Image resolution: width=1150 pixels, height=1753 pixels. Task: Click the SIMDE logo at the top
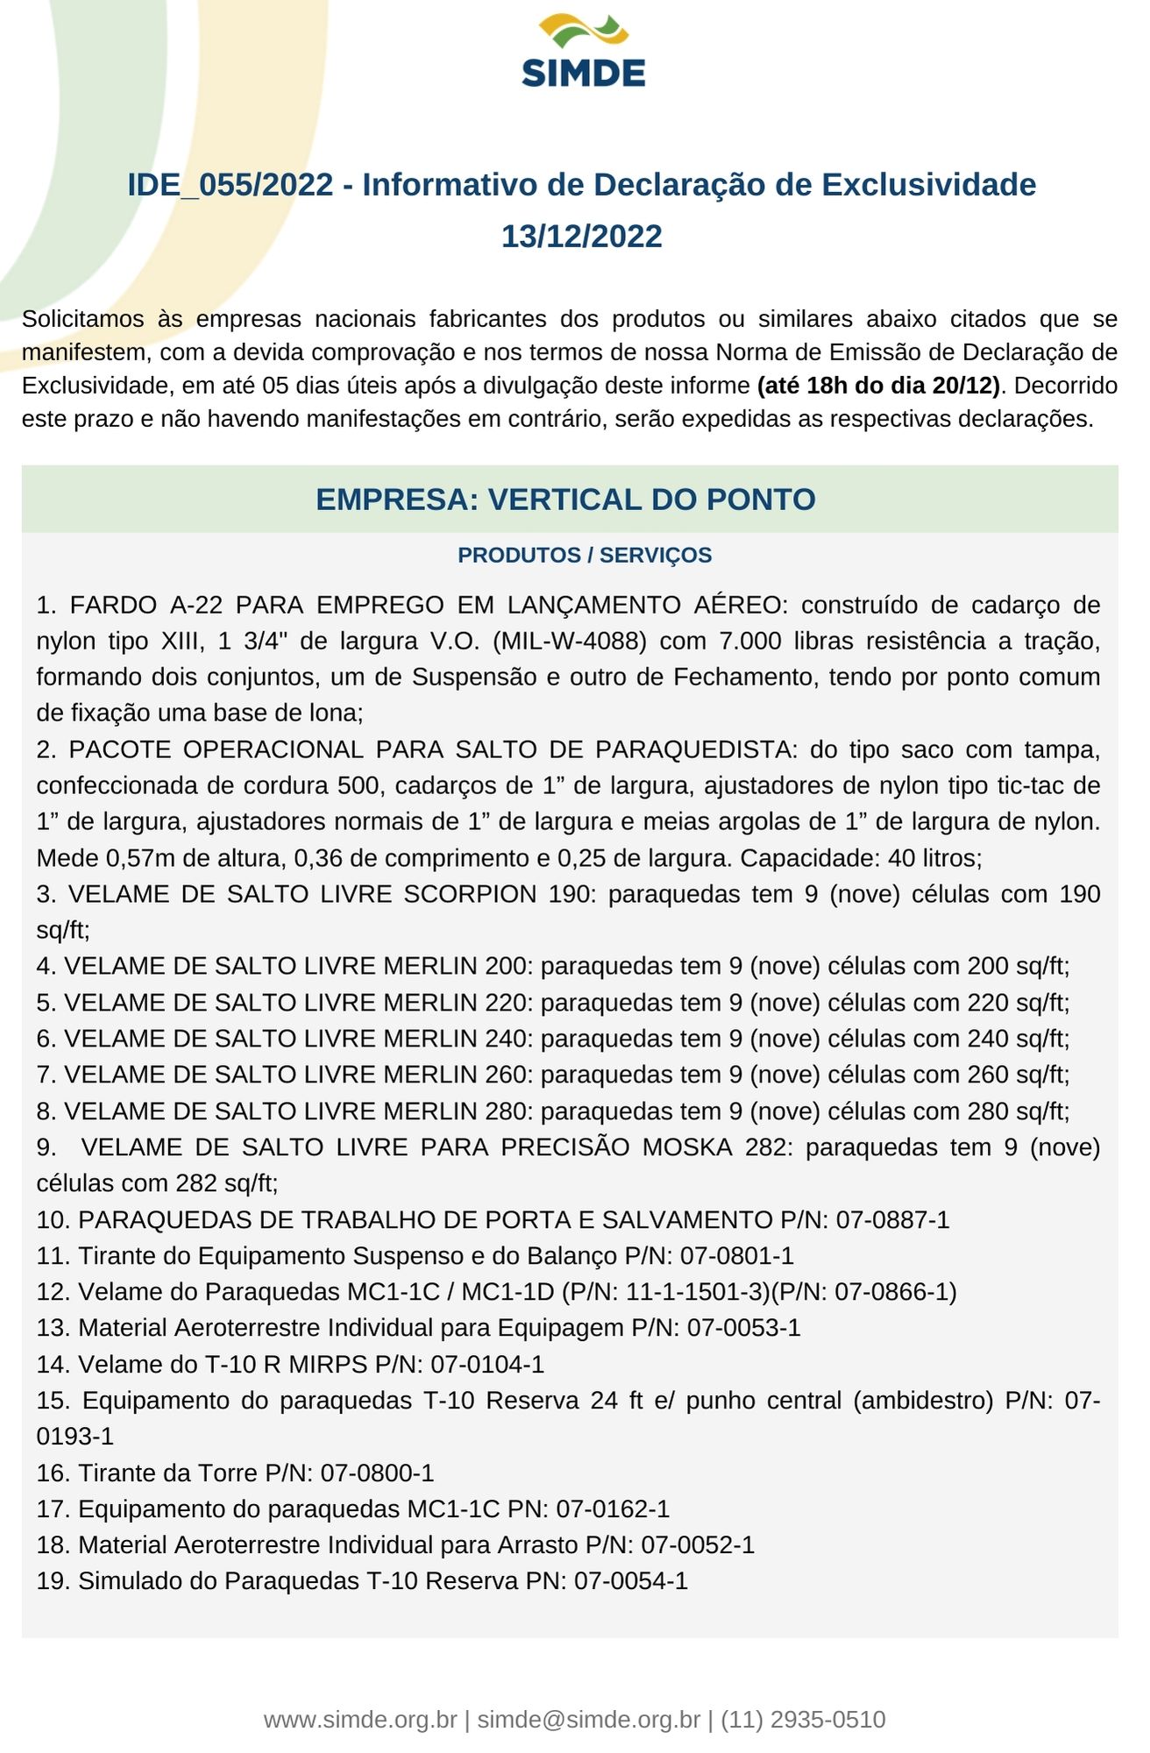583,51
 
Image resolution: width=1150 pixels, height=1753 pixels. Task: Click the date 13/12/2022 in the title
581,237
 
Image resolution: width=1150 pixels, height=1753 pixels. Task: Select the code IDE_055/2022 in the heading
230,185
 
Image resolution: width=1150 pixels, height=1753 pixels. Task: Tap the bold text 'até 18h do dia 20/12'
878,386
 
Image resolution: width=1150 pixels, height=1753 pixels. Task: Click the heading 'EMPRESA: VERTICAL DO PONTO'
565,500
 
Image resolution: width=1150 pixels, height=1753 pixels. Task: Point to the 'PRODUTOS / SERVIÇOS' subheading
585,556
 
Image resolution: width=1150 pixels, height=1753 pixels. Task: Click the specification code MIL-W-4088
570,642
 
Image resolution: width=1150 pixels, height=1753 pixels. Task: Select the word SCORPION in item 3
469,894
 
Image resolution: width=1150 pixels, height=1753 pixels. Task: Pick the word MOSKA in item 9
687,1147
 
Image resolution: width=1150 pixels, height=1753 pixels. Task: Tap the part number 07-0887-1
892,1220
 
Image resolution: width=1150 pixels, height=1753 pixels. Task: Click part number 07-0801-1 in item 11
736,1256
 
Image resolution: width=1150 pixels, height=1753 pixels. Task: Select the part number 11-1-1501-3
684,1292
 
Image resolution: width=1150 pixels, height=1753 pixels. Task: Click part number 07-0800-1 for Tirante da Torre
377,1473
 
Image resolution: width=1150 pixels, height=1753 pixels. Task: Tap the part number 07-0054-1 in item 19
631,1581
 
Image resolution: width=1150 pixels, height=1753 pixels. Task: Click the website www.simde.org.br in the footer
360,1720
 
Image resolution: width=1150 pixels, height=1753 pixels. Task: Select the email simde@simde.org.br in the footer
588,1720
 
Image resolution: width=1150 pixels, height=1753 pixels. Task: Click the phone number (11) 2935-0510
803,1720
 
